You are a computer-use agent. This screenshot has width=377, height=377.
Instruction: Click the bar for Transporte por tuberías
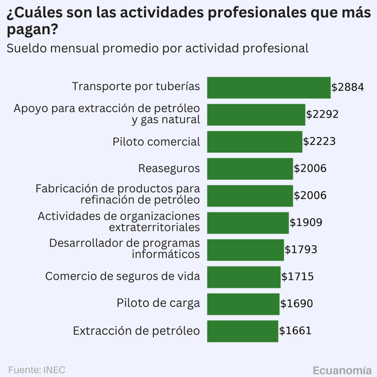tap(268, 87)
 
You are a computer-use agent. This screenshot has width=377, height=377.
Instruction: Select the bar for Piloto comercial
tap(254, 141)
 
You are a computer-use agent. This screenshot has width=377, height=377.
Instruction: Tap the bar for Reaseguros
tap(249, 168)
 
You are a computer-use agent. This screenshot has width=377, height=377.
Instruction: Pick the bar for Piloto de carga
tap(243, 303)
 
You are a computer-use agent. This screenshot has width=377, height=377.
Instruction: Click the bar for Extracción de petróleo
tap(242, 331)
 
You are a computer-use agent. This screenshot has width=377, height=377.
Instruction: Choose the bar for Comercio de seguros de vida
tap(243, 276)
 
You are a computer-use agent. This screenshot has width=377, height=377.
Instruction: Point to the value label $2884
tap(347, 87)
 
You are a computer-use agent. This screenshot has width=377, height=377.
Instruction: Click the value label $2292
tap(322, 114)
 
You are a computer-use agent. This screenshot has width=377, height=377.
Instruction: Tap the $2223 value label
tap(319, 141)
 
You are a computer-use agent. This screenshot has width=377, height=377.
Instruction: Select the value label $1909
tap(306, 222)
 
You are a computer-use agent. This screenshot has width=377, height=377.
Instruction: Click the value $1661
tap(295, 331)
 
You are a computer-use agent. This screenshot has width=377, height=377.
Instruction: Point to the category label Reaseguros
tap(169, 168)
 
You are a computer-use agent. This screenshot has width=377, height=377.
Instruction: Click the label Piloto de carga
tap(158, 303)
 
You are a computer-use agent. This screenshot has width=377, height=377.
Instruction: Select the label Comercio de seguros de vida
tap(123, 276)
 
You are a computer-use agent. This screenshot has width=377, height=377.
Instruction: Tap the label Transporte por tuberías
tap(136, 87)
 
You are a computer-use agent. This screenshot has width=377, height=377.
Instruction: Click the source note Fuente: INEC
tap(36, 369)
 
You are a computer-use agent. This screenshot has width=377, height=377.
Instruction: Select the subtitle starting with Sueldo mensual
tap(157, 48)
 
